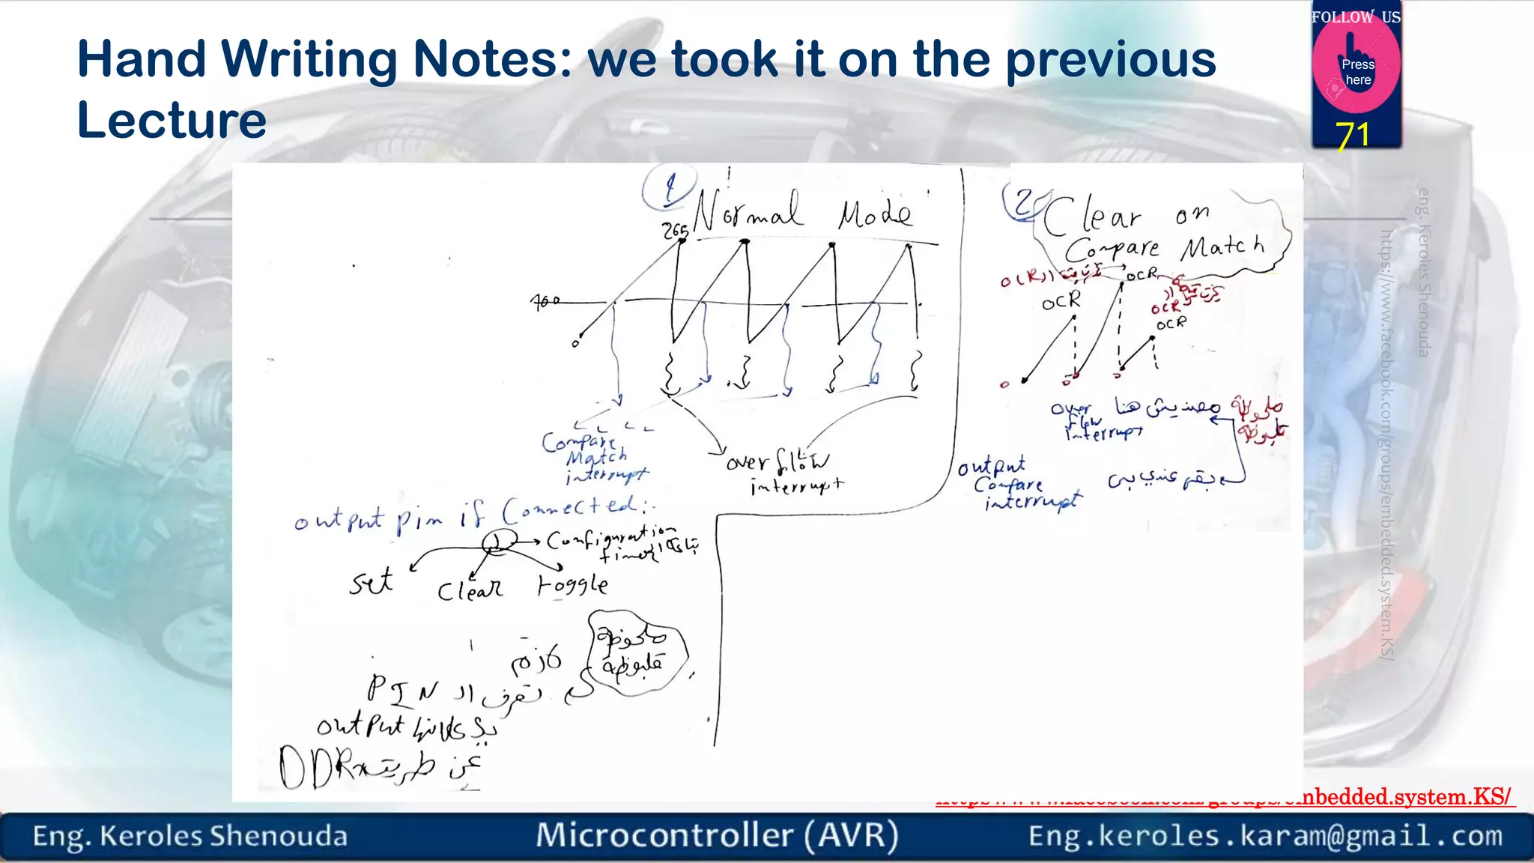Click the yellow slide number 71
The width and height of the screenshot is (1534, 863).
[x=1353, y=136]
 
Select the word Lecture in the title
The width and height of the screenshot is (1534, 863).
[x=172, y=120]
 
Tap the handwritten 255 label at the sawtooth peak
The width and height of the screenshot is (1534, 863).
[x=675, y=231]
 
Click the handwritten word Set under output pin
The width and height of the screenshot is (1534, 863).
[x=371, y=581]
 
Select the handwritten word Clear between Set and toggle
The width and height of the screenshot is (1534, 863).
[x=470, y=590]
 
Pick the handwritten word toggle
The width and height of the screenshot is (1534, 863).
[x=573, y=584]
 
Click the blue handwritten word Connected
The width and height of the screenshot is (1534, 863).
[x=571, y=510]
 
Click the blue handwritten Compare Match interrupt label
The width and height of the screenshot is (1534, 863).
[x=593, y=458]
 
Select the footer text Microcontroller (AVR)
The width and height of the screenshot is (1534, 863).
[x=717, y=835]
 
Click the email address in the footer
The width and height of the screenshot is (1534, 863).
[x=1265, y=835]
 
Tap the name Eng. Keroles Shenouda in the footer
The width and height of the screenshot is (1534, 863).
[x=190, y=836]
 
